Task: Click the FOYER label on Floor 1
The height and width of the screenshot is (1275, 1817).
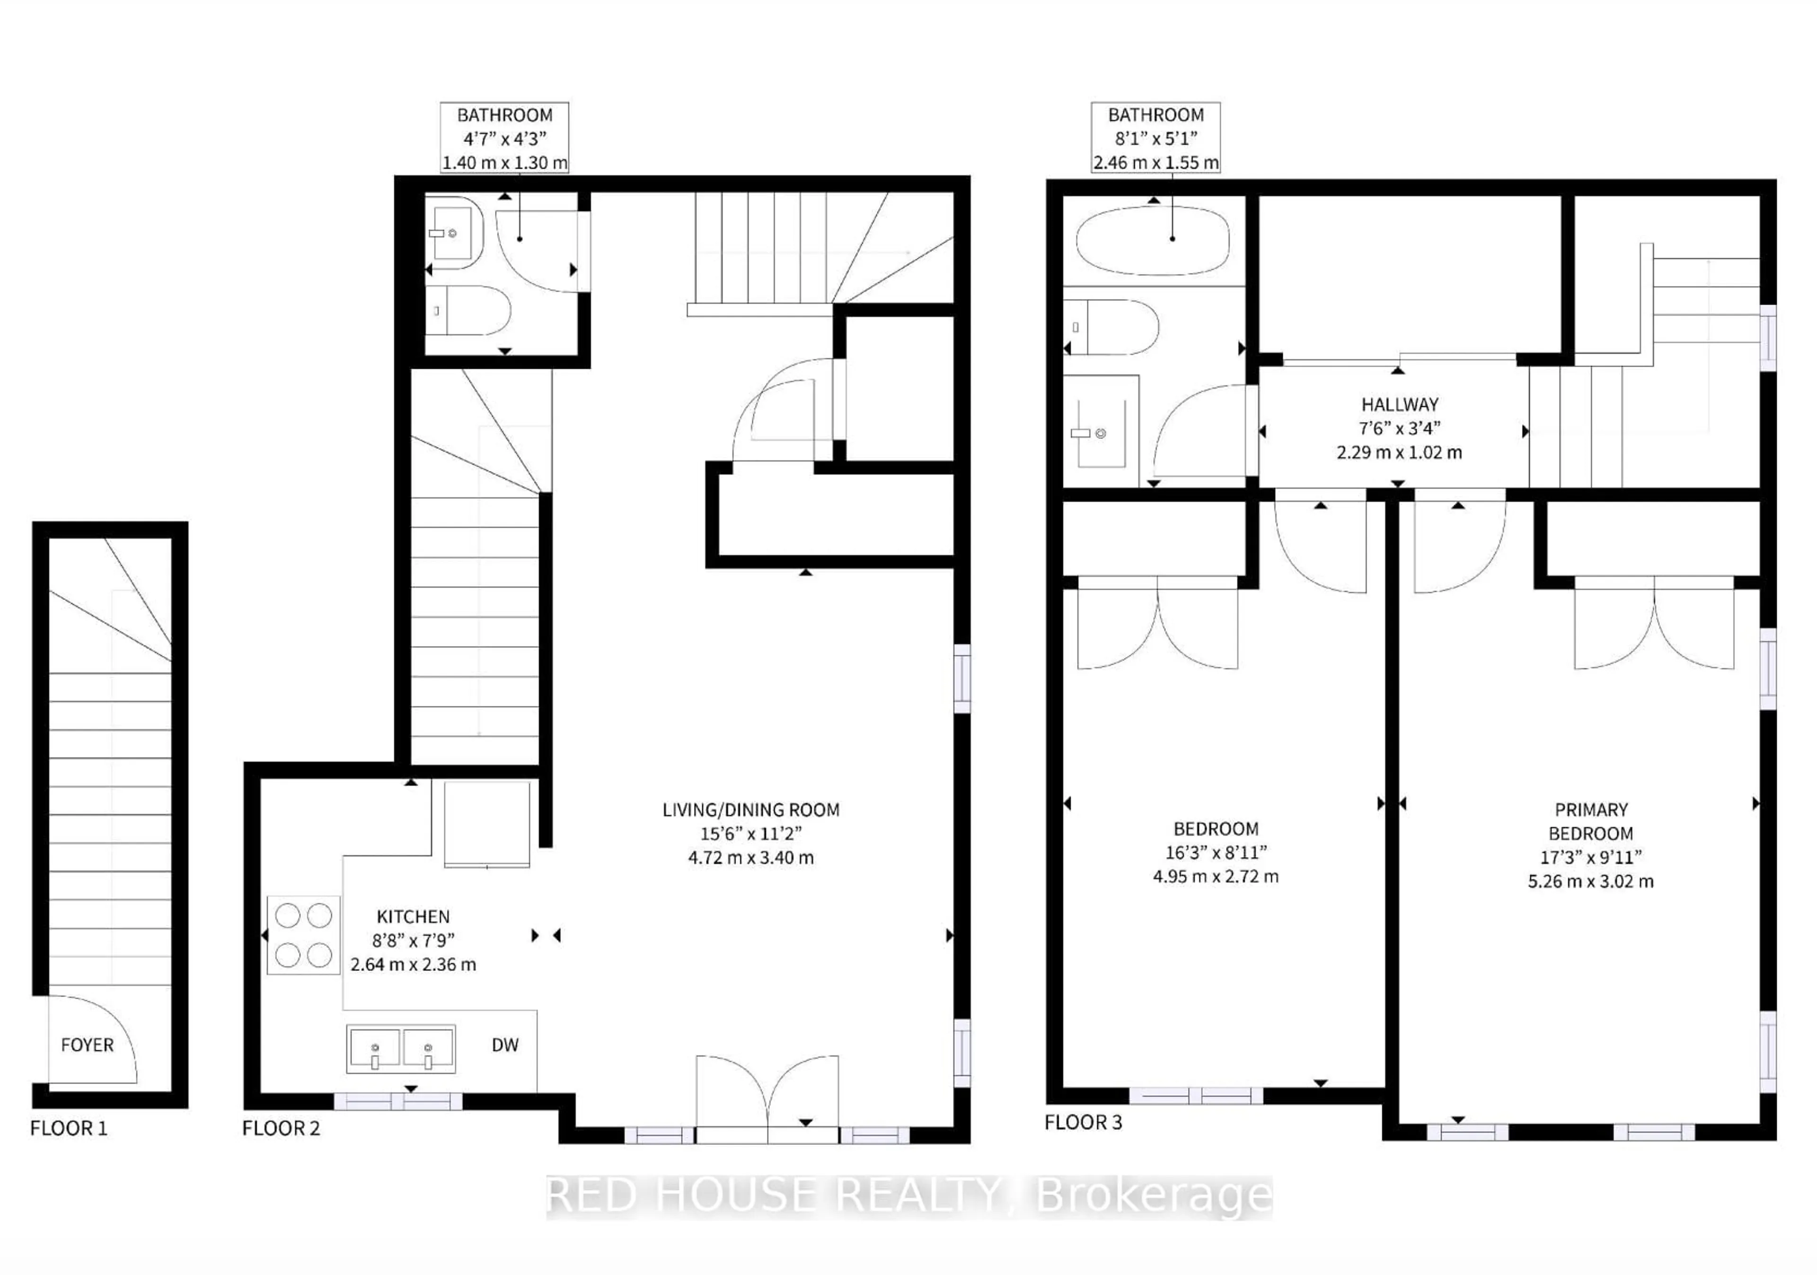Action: (x=87, y=1045)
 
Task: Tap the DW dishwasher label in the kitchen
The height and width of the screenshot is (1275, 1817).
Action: (x=505, y=1045)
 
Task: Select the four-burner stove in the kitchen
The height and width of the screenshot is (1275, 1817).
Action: (x=303, y=935)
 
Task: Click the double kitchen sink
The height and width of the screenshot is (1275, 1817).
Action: (x=401, y=1049)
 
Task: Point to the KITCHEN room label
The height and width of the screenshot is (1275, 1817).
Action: (x=413, y=916)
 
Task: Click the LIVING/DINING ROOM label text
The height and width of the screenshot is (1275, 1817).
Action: (x=751, y=809)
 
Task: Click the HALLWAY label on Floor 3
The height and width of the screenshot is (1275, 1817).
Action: (x=1399, y=404)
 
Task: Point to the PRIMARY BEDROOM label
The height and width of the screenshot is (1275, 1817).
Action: (x=1591, y=821)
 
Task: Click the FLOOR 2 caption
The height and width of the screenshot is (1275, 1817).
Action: (x=281, y=1128)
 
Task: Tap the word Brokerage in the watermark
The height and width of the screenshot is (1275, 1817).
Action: (x=1154, y=1195)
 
